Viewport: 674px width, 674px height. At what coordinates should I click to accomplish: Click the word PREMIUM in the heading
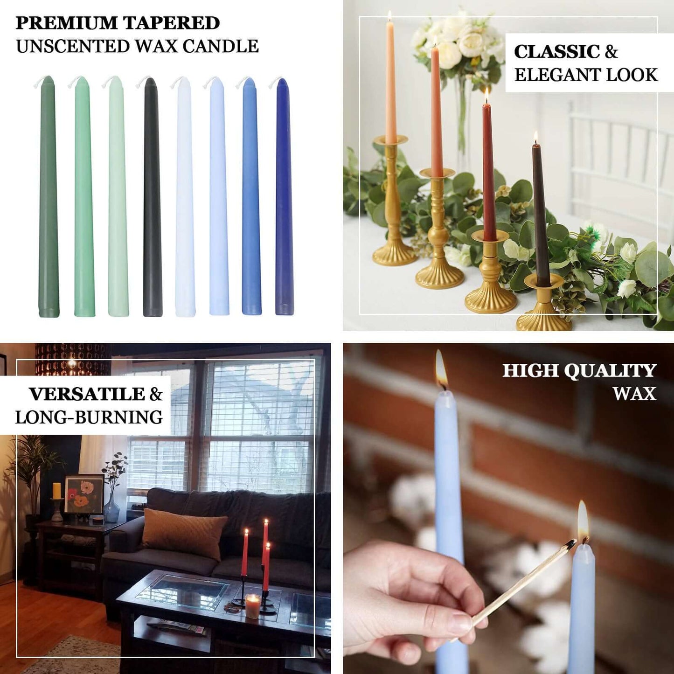coord(66,23)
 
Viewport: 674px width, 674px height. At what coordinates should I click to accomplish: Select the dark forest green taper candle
coord(48,196)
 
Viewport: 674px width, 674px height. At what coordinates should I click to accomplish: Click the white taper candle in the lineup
coord(184,196)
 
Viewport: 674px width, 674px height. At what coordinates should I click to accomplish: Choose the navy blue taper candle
coord(284,196)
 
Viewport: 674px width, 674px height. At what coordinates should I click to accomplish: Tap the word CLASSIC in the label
coord(556,52)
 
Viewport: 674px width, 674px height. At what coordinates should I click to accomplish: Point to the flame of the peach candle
coord(389,17)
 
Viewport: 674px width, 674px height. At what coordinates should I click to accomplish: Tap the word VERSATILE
coord(87,394)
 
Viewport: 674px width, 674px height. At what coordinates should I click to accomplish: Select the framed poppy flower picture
coord(84,494)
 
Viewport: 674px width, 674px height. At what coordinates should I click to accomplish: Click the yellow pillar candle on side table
coord(56,491)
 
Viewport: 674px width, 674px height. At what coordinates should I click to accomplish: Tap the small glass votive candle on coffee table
coord(252,605)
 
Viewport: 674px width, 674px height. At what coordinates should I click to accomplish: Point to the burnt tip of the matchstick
coord(570,544)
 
